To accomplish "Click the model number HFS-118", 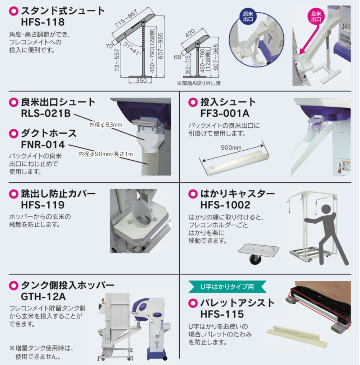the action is tap(42, 22).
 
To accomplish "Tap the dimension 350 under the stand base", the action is tap(141, 81).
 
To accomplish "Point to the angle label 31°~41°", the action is tap(132, 49).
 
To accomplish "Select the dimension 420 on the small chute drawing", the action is tap(190, 33).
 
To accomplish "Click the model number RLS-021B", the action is tap(46, 113).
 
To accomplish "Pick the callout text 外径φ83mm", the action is tap(105, 125).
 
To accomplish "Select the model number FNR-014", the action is tap(42, 145).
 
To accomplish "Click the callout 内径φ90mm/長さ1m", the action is tap(105, 154).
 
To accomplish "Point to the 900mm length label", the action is tap(231, 147).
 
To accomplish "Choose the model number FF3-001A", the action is tap(225, 113).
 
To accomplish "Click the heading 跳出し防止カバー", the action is tap(58, 194).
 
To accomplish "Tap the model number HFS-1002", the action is tap(225, 205).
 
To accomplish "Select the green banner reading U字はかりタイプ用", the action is tap(227, 287).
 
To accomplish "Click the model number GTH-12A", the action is tap(43, 297).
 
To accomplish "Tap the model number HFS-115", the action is tap(222, 314).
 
